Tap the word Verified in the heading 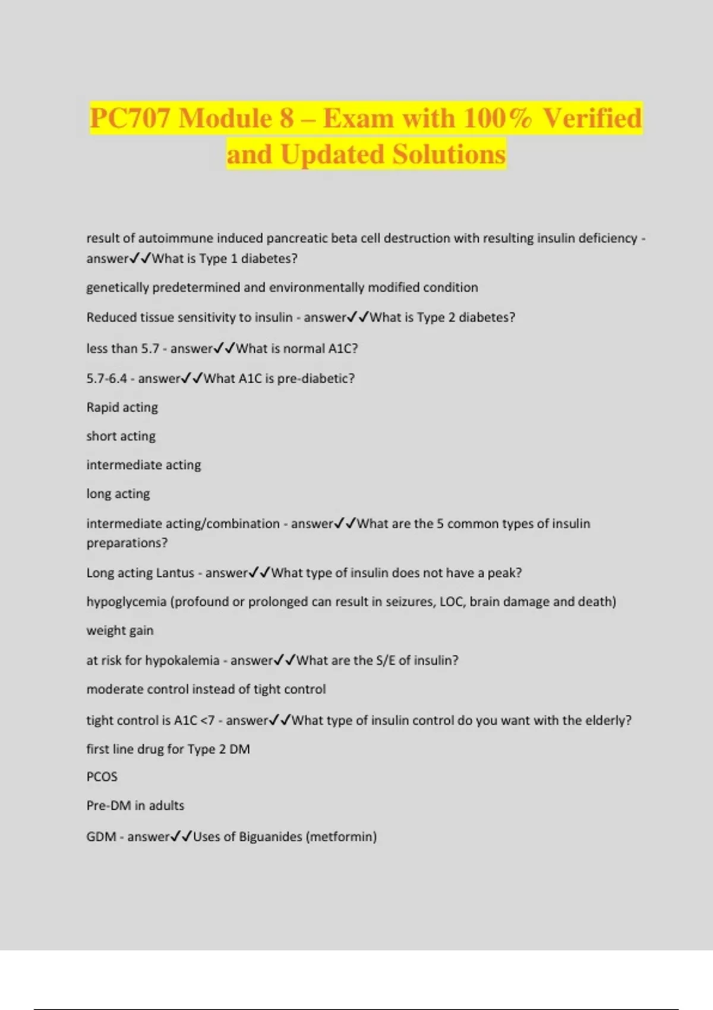(x=592, y=118)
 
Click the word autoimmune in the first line (x=175, y=238)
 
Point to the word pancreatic (x=296, y=238)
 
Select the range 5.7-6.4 (x=106, y=378)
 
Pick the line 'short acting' (x=121, y=436)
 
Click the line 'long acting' (x=118, y=494)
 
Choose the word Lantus (x=175, y=573)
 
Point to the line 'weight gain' (x=119, y=630)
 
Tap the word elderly (x=605, y=720)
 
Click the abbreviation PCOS (x=102, y=777)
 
